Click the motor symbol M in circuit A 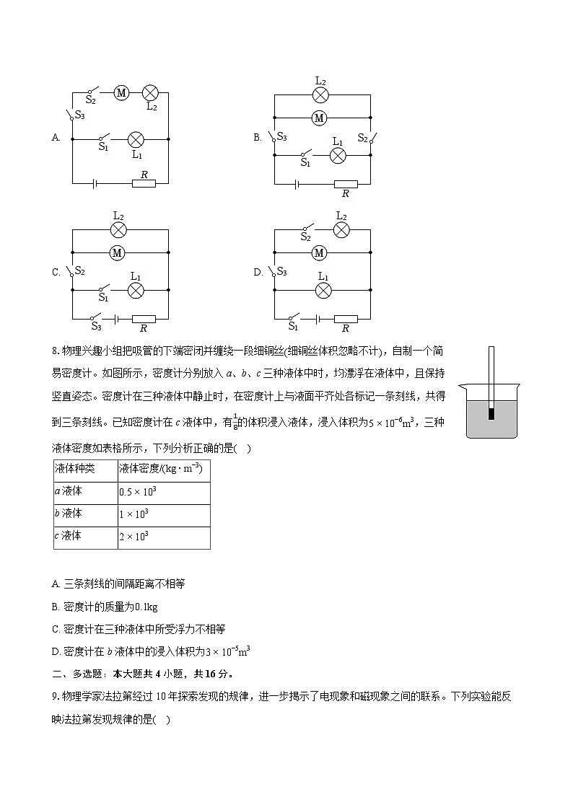coord(121,92)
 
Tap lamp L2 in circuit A coord(150,92)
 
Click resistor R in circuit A coord(144,183)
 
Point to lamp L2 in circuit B coord(320,94)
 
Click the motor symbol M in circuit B coord(319,117)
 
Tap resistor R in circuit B coord(345,184)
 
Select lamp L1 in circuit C coord(136,290)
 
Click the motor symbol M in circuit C coord(117,252)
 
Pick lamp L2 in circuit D coord(341,230)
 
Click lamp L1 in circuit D coord(323,290)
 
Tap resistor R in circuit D coord(346,318)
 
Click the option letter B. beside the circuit coord(257,138)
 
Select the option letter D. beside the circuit coord(258,273)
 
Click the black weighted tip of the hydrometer coord(491,414)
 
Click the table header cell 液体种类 coord(75,469)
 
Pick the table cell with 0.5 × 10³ coord(139,492)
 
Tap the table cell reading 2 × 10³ coord(134,537)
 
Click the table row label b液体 coord(69,514)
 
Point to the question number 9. coord(56,697)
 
